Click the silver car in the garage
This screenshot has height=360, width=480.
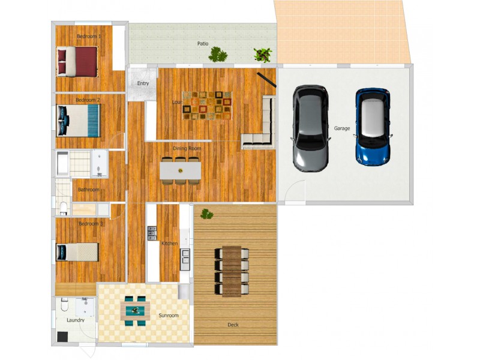pyautogui.click(x=310, y=128)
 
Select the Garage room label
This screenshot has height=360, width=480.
pyautogui.click(x=342, y=128)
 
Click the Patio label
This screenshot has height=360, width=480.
pyautogui.click(x=203, y=44)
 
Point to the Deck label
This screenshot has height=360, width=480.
pyautogui.click(x=233, y=325)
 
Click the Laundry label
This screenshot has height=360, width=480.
pyautogui.click(x=75, y=320)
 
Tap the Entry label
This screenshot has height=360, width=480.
pyautogui.click(x=143, y=83)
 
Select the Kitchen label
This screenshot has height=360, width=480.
pyautogui.click(x=170, y=243)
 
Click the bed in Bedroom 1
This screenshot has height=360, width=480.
pyautogui.click(x=77, y=61)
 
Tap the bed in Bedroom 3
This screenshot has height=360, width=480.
pyautogui.click(x=77, y=252)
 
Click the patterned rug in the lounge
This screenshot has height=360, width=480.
pyautogui.click(x=206, y=105)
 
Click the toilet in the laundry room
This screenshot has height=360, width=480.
pyautogui.click(x=65, y=306)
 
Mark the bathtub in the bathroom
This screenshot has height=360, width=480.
pyautogui.click(x=63, y=162)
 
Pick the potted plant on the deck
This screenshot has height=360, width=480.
pyautogui.click(x=207, y=214)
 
